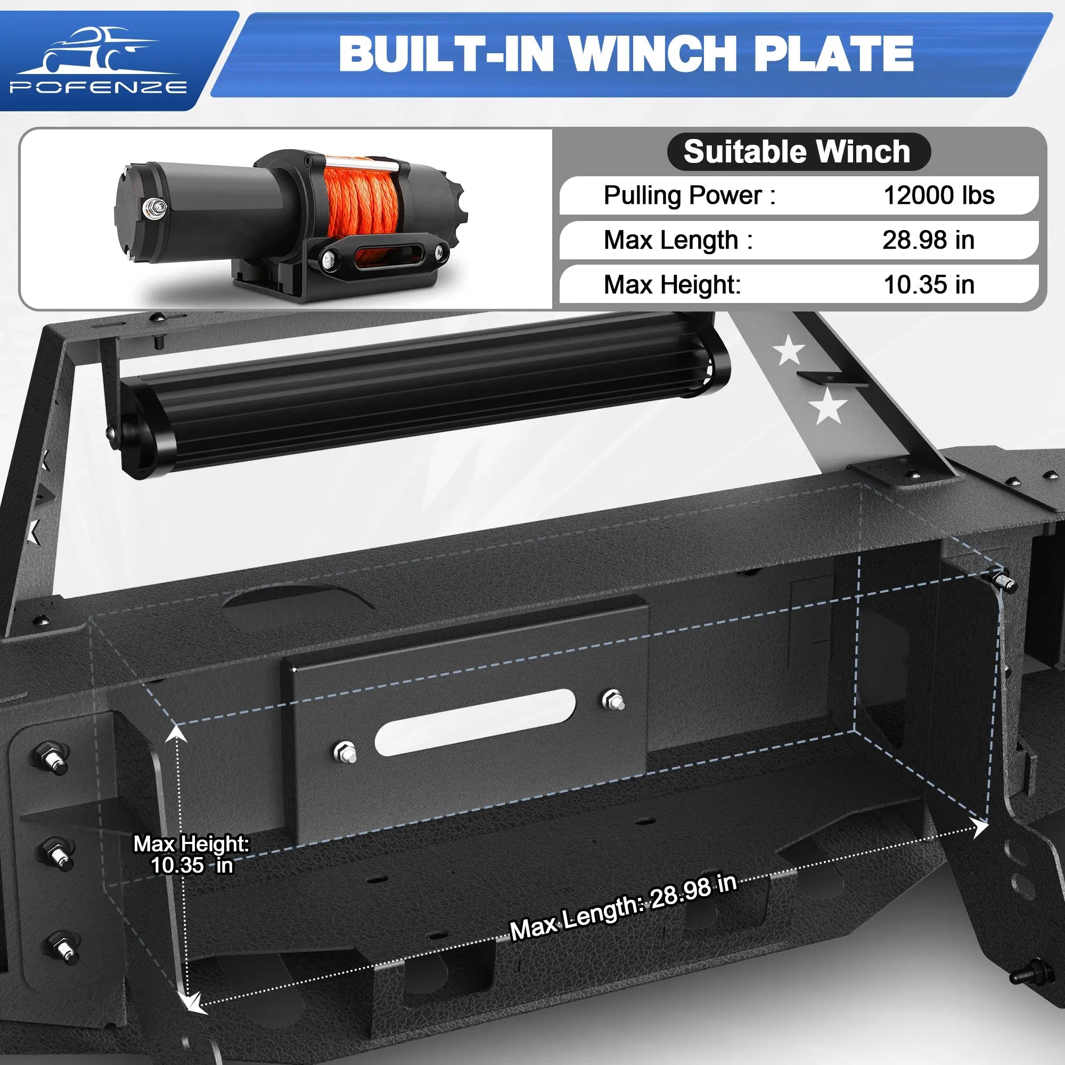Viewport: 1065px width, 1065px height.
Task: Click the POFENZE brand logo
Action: tap(97, 61)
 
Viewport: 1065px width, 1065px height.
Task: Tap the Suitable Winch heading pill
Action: tap(799, 152)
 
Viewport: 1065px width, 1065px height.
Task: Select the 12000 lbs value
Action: tap(939, 195)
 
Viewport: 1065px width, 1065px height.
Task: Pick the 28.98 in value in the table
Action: tap(928, 240)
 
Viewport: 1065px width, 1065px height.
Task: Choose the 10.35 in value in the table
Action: tap(929, 284)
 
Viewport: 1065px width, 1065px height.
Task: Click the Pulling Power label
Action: tap(689, 195)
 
